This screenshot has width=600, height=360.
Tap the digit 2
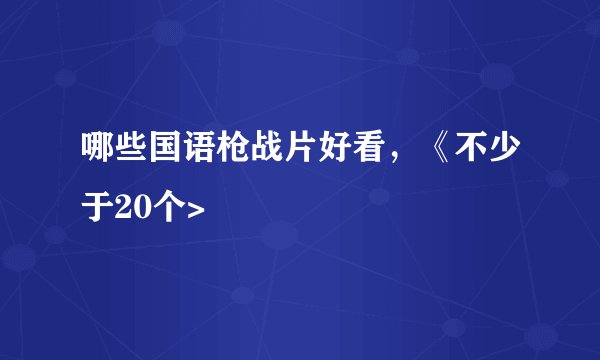click(125, 208)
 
